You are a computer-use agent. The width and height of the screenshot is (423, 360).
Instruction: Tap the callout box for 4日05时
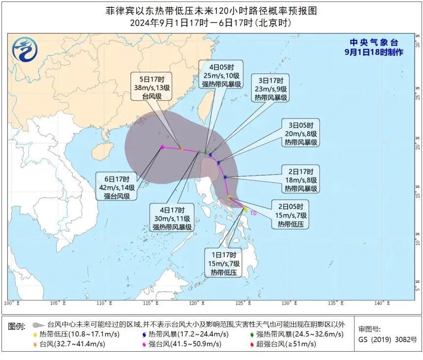221,76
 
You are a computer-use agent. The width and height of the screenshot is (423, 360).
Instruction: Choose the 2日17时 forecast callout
301,180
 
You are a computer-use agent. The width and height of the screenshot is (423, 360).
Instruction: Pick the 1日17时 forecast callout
223,264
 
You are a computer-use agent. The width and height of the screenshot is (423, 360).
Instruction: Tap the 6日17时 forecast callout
117,187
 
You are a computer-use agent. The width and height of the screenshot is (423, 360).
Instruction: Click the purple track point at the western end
162,147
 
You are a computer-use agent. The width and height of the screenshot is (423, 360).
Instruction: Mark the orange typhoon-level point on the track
181,149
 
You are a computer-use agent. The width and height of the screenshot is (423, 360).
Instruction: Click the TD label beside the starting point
253,213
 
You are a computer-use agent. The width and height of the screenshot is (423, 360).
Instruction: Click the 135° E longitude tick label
335,303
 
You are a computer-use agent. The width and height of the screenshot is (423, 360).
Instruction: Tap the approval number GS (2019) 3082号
387,340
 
